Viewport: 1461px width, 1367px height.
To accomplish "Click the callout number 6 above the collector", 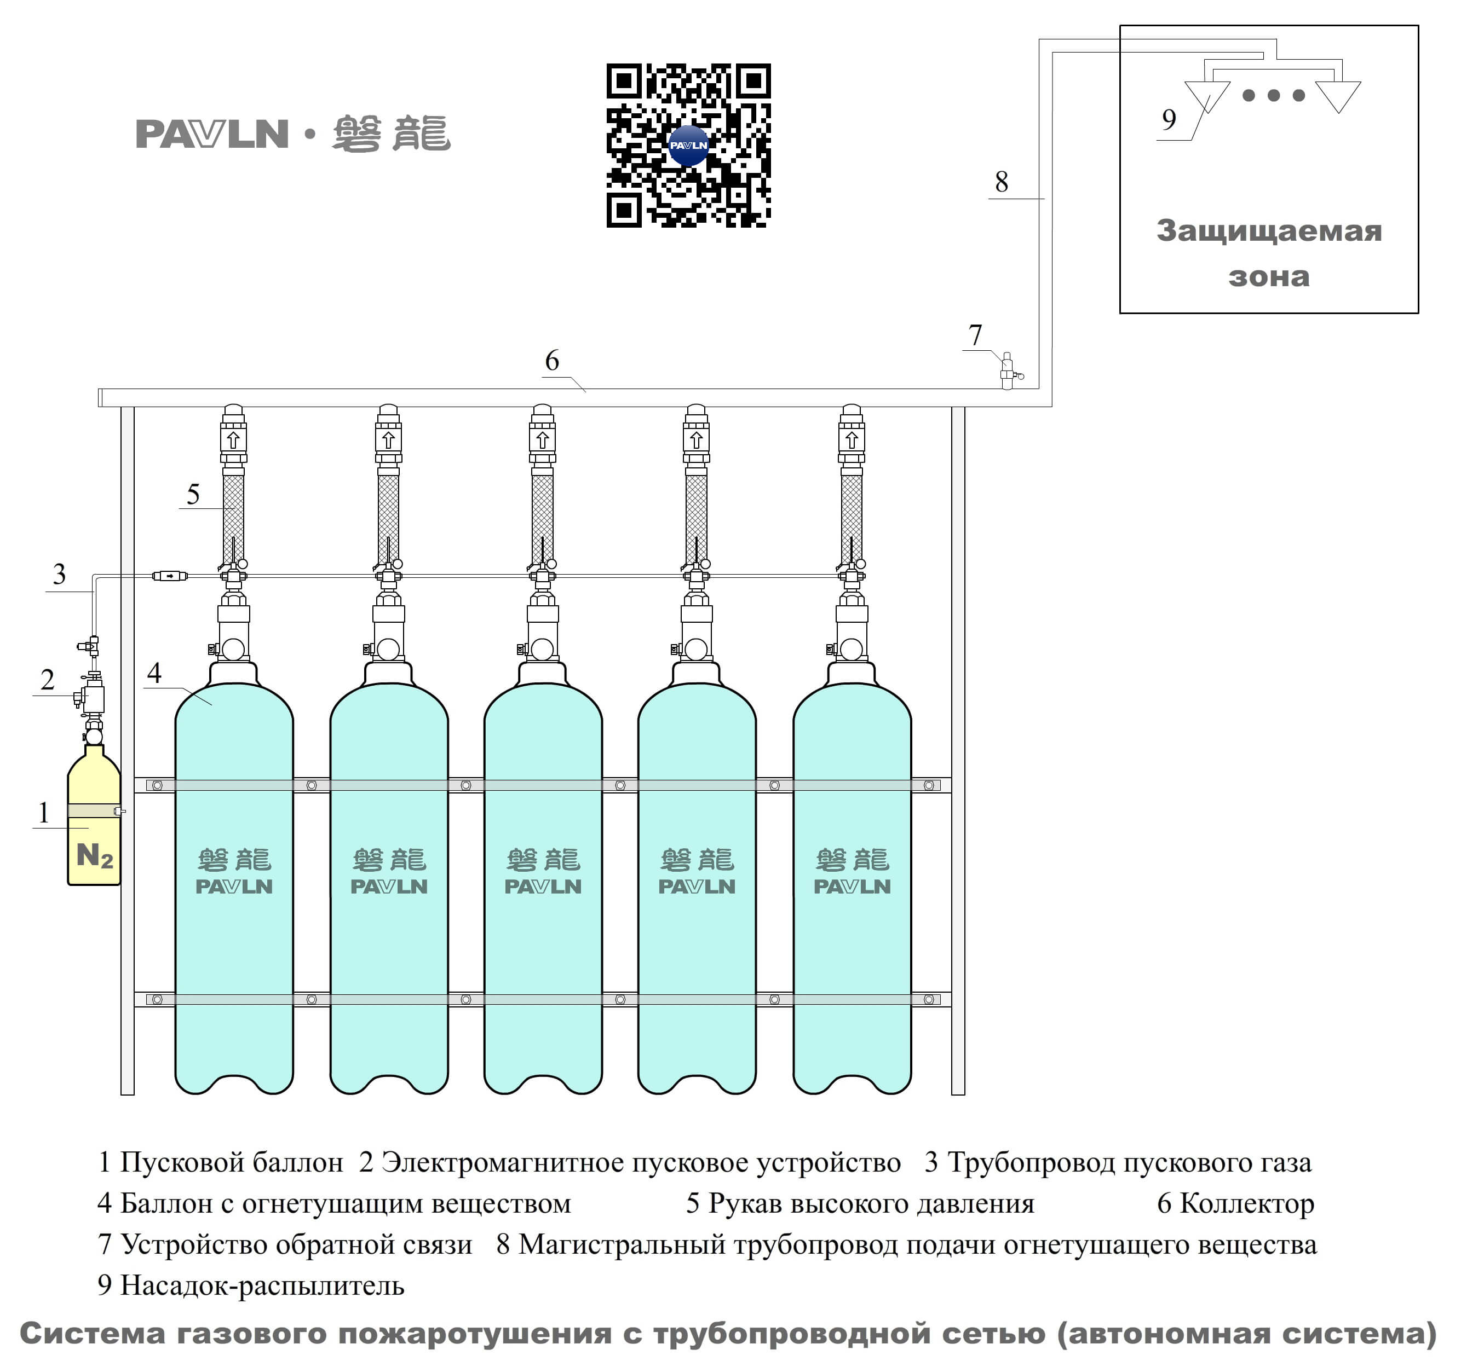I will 552,360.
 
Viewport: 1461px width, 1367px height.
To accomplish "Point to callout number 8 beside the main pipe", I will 1001,182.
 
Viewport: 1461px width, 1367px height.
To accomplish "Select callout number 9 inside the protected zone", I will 1169,119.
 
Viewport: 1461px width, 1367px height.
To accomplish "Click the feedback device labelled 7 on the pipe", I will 1008,371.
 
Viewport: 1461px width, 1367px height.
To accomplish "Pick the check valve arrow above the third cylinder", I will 542,440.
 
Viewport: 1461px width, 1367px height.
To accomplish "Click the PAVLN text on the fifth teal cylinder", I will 852,887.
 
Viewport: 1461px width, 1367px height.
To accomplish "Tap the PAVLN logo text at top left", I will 212,135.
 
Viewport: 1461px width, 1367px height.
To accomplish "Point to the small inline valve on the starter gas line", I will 170,576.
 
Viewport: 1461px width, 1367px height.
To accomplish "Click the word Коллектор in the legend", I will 1246,1203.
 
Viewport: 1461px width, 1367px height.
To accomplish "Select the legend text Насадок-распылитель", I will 262,1285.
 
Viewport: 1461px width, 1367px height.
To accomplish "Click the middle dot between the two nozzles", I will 1274,95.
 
